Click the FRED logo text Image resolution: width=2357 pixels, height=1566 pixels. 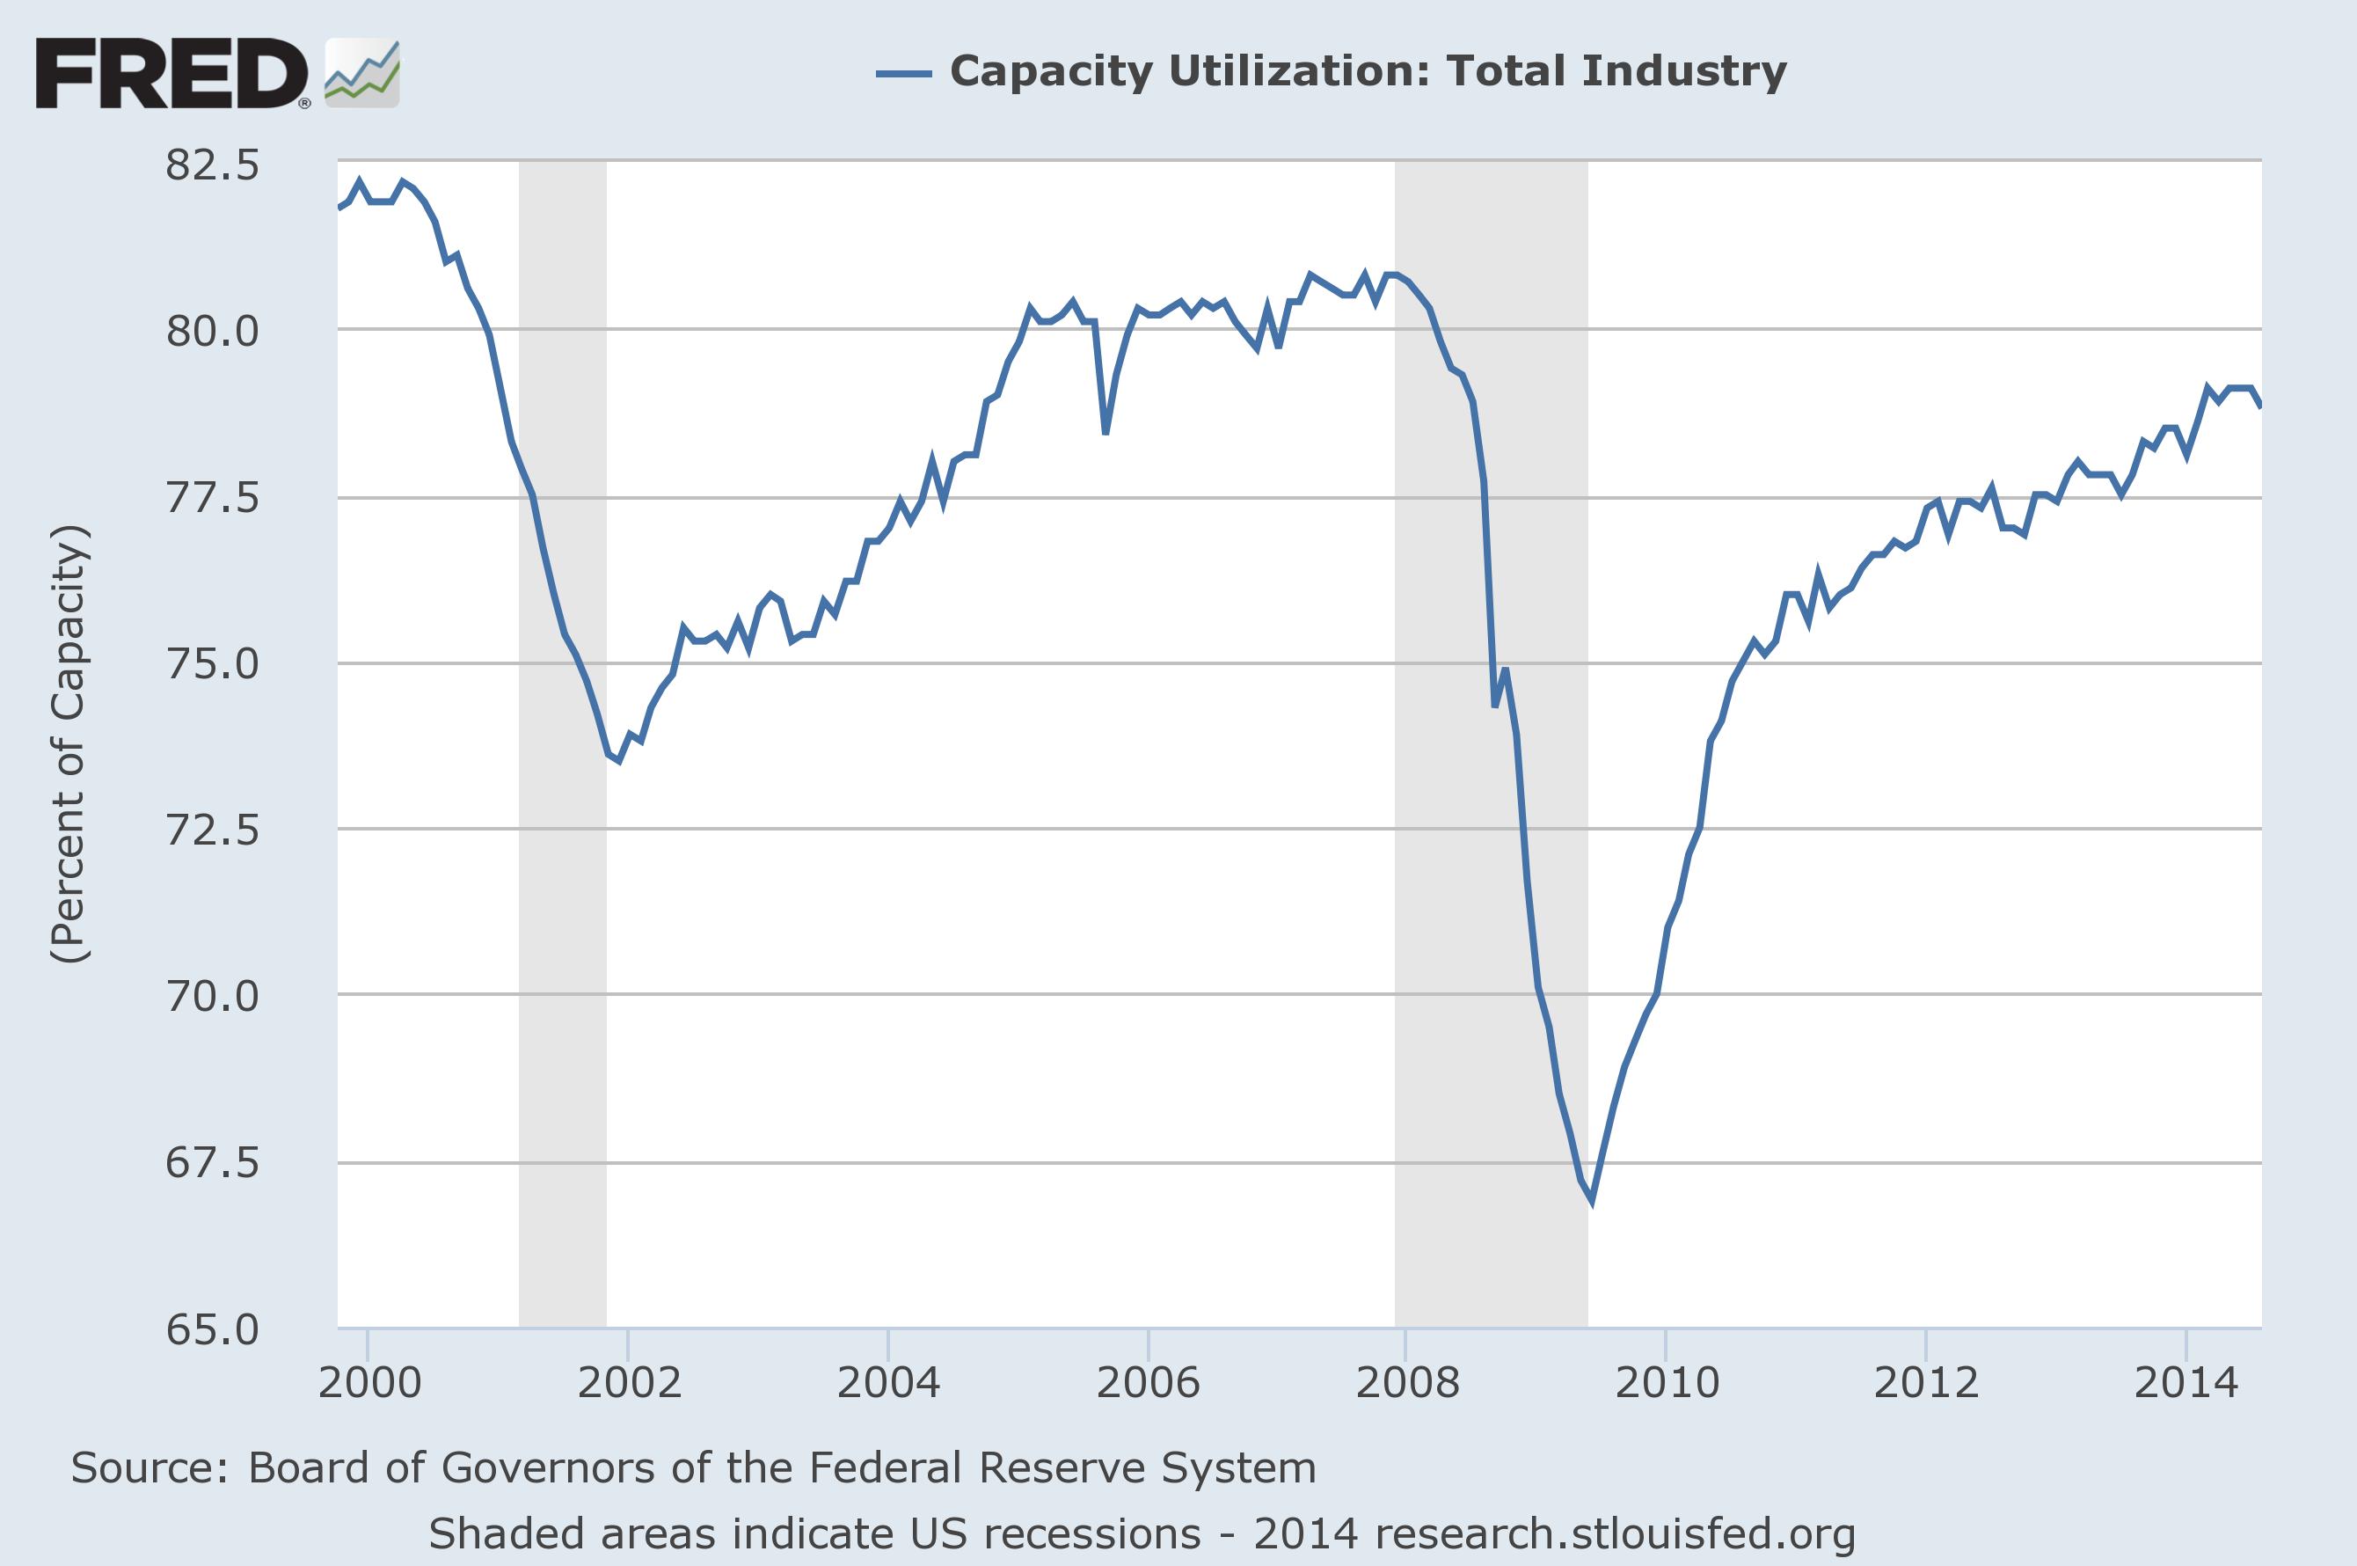tap(171, 74)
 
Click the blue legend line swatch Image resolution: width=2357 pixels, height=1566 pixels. tap(903, 73)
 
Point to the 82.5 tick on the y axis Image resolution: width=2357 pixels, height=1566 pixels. tap(212, 165)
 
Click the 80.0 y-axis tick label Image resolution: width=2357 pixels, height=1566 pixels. tap(212, 331)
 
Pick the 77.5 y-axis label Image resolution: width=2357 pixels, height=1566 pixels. tap(212, 497)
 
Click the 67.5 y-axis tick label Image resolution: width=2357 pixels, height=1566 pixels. tap(212, 1162)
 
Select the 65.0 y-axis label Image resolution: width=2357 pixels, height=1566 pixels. tap(212, 1329)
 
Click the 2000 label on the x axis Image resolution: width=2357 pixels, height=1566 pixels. tap(369, 1382)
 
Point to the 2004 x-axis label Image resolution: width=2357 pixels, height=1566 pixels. tap(888, 1382)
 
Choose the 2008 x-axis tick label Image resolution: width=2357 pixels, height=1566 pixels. tap(1406, 1382)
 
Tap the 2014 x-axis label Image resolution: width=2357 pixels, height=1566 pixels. tap(2186, 1382)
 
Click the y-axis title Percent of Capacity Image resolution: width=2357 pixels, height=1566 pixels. tap(69, 744)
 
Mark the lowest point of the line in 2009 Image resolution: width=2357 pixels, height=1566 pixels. tap(1591, 1202)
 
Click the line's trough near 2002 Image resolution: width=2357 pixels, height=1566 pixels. tap(619, 761)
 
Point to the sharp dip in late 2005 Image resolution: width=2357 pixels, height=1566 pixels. tap(1106, 433)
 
